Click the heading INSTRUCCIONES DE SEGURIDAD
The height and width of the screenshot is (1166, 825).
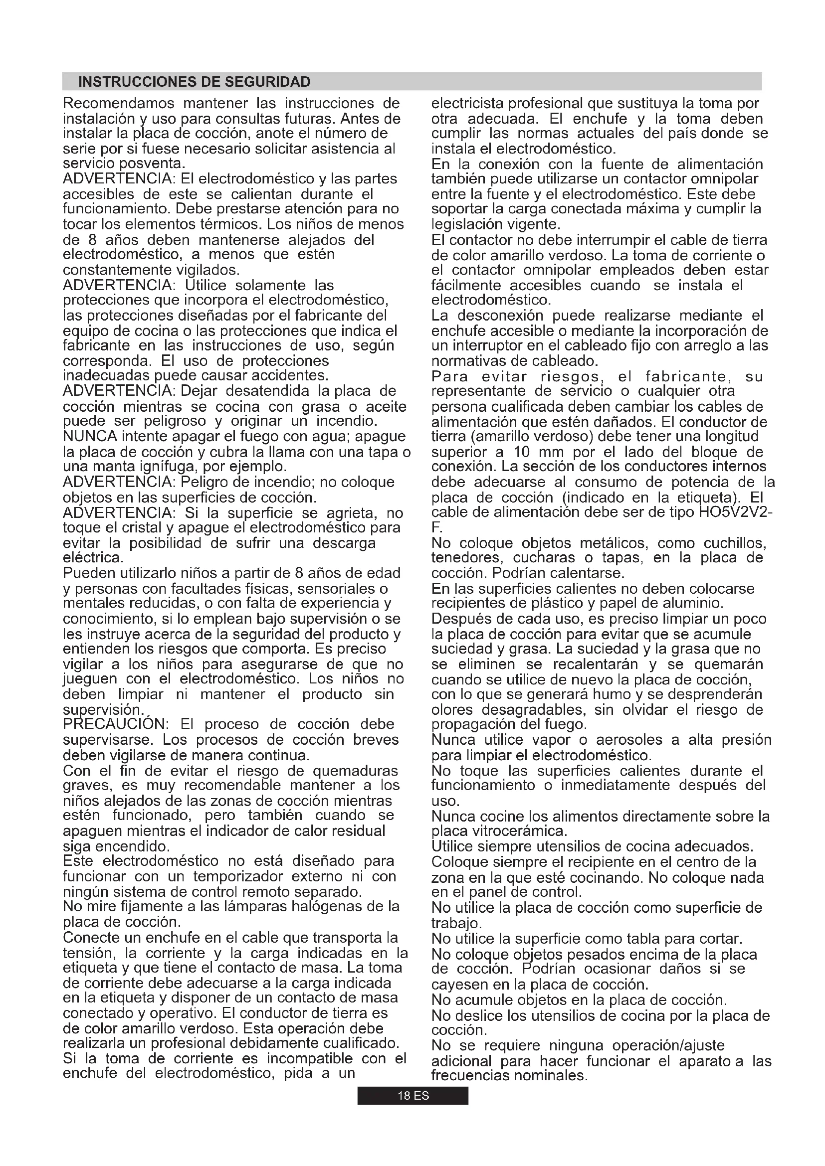[194, 82]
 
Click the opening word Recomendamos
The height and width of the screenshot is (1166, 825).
[118, 104]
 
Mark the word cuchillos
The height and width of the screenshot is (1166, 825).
[735, 543]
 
